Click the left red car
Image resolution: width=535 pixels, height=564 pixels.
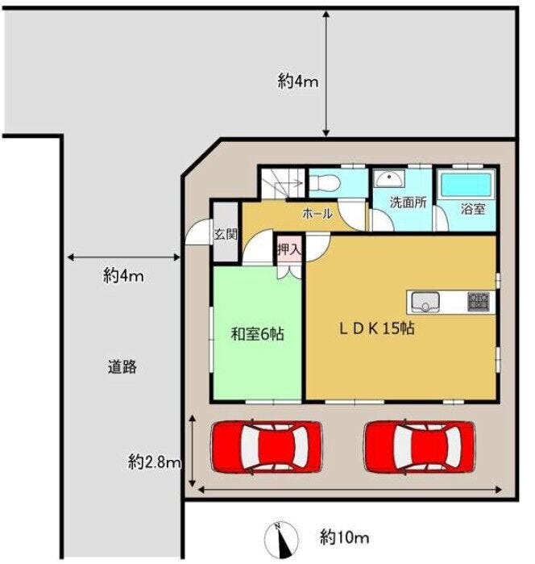[266, 447]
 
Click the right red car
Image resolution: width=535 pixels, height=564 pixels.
[419, 447]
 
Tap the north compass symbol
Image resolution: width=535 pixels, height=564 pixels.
[281, 538]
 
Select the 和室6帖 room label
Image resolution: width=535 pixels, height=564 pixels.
[257, 334]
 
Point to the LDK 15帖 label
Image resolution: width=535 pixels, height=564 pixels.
[377, 328]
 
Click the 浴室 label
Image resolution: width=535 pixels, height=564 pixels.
[473, 209]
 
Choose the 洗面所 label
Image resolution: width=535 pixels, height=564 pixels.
[409, 203]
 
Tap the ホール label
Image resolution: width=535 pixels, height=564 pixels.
[317, 214]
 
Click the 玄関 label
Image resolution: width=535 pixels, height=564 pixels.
[226, 234]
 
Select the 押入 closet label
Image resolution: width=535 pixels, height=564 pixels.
[289, 249]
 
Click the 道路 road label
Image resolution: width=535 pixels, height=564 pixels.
[122, 367]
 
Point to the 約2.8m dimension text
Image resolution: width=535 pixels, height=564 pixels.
[155, 462]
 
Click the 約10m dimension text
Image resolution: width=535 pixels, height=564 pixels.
[345, 538]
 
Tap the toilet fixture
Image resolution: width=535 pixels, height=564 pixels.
[325, 183]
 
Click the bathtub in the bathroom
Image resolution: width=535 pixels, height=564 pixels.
[466, 184]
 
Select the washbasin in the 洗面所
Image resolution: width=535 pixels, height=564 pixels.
[389, 178]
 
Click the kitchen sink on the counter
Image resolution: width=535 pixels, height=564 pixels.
[425, 302]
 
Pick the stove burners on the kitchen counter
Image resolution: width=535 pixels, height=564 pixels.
[479, 302]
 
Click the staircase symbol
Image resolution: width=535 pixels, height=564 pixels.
[283, 183]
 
